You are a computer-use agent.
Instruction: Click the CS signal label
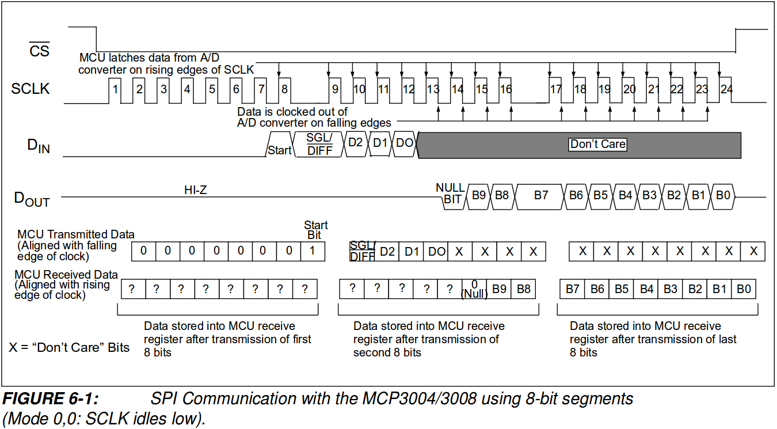(x=40, y=51)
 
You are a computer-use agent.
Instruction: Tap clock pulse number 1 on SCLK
(x=116, y=90)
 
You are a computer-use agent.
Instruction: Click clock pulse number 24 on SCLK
(x=727, y=90)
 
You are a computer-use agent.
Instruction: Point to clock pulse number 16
(x=505, y=90)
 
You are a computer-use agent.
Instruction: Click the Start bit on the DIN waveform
(x=280, y=150)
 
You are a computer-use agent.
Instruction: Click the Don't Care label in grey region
(x=597, y=144)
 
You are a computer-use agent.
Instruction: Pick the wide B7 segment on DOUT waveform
(x=541, y=195)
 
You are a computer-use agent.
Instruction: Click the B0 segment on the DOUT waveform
(x=723, y=195)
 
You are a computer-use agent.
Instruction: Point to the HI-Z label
(x=195, y=190)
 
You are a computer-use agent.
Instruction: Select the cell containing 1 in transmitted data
(x=313, y=251)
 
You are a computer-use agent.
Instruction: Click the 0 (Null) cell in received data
(x=474, y=289)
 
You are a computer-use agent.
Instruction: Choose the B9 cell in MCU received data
(x=499, y=289)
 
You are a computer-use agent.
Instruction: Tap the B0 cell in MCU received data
(x=744, y=289)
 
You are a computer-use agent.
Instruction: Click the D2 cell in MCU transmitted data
(x=387, y=251)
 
